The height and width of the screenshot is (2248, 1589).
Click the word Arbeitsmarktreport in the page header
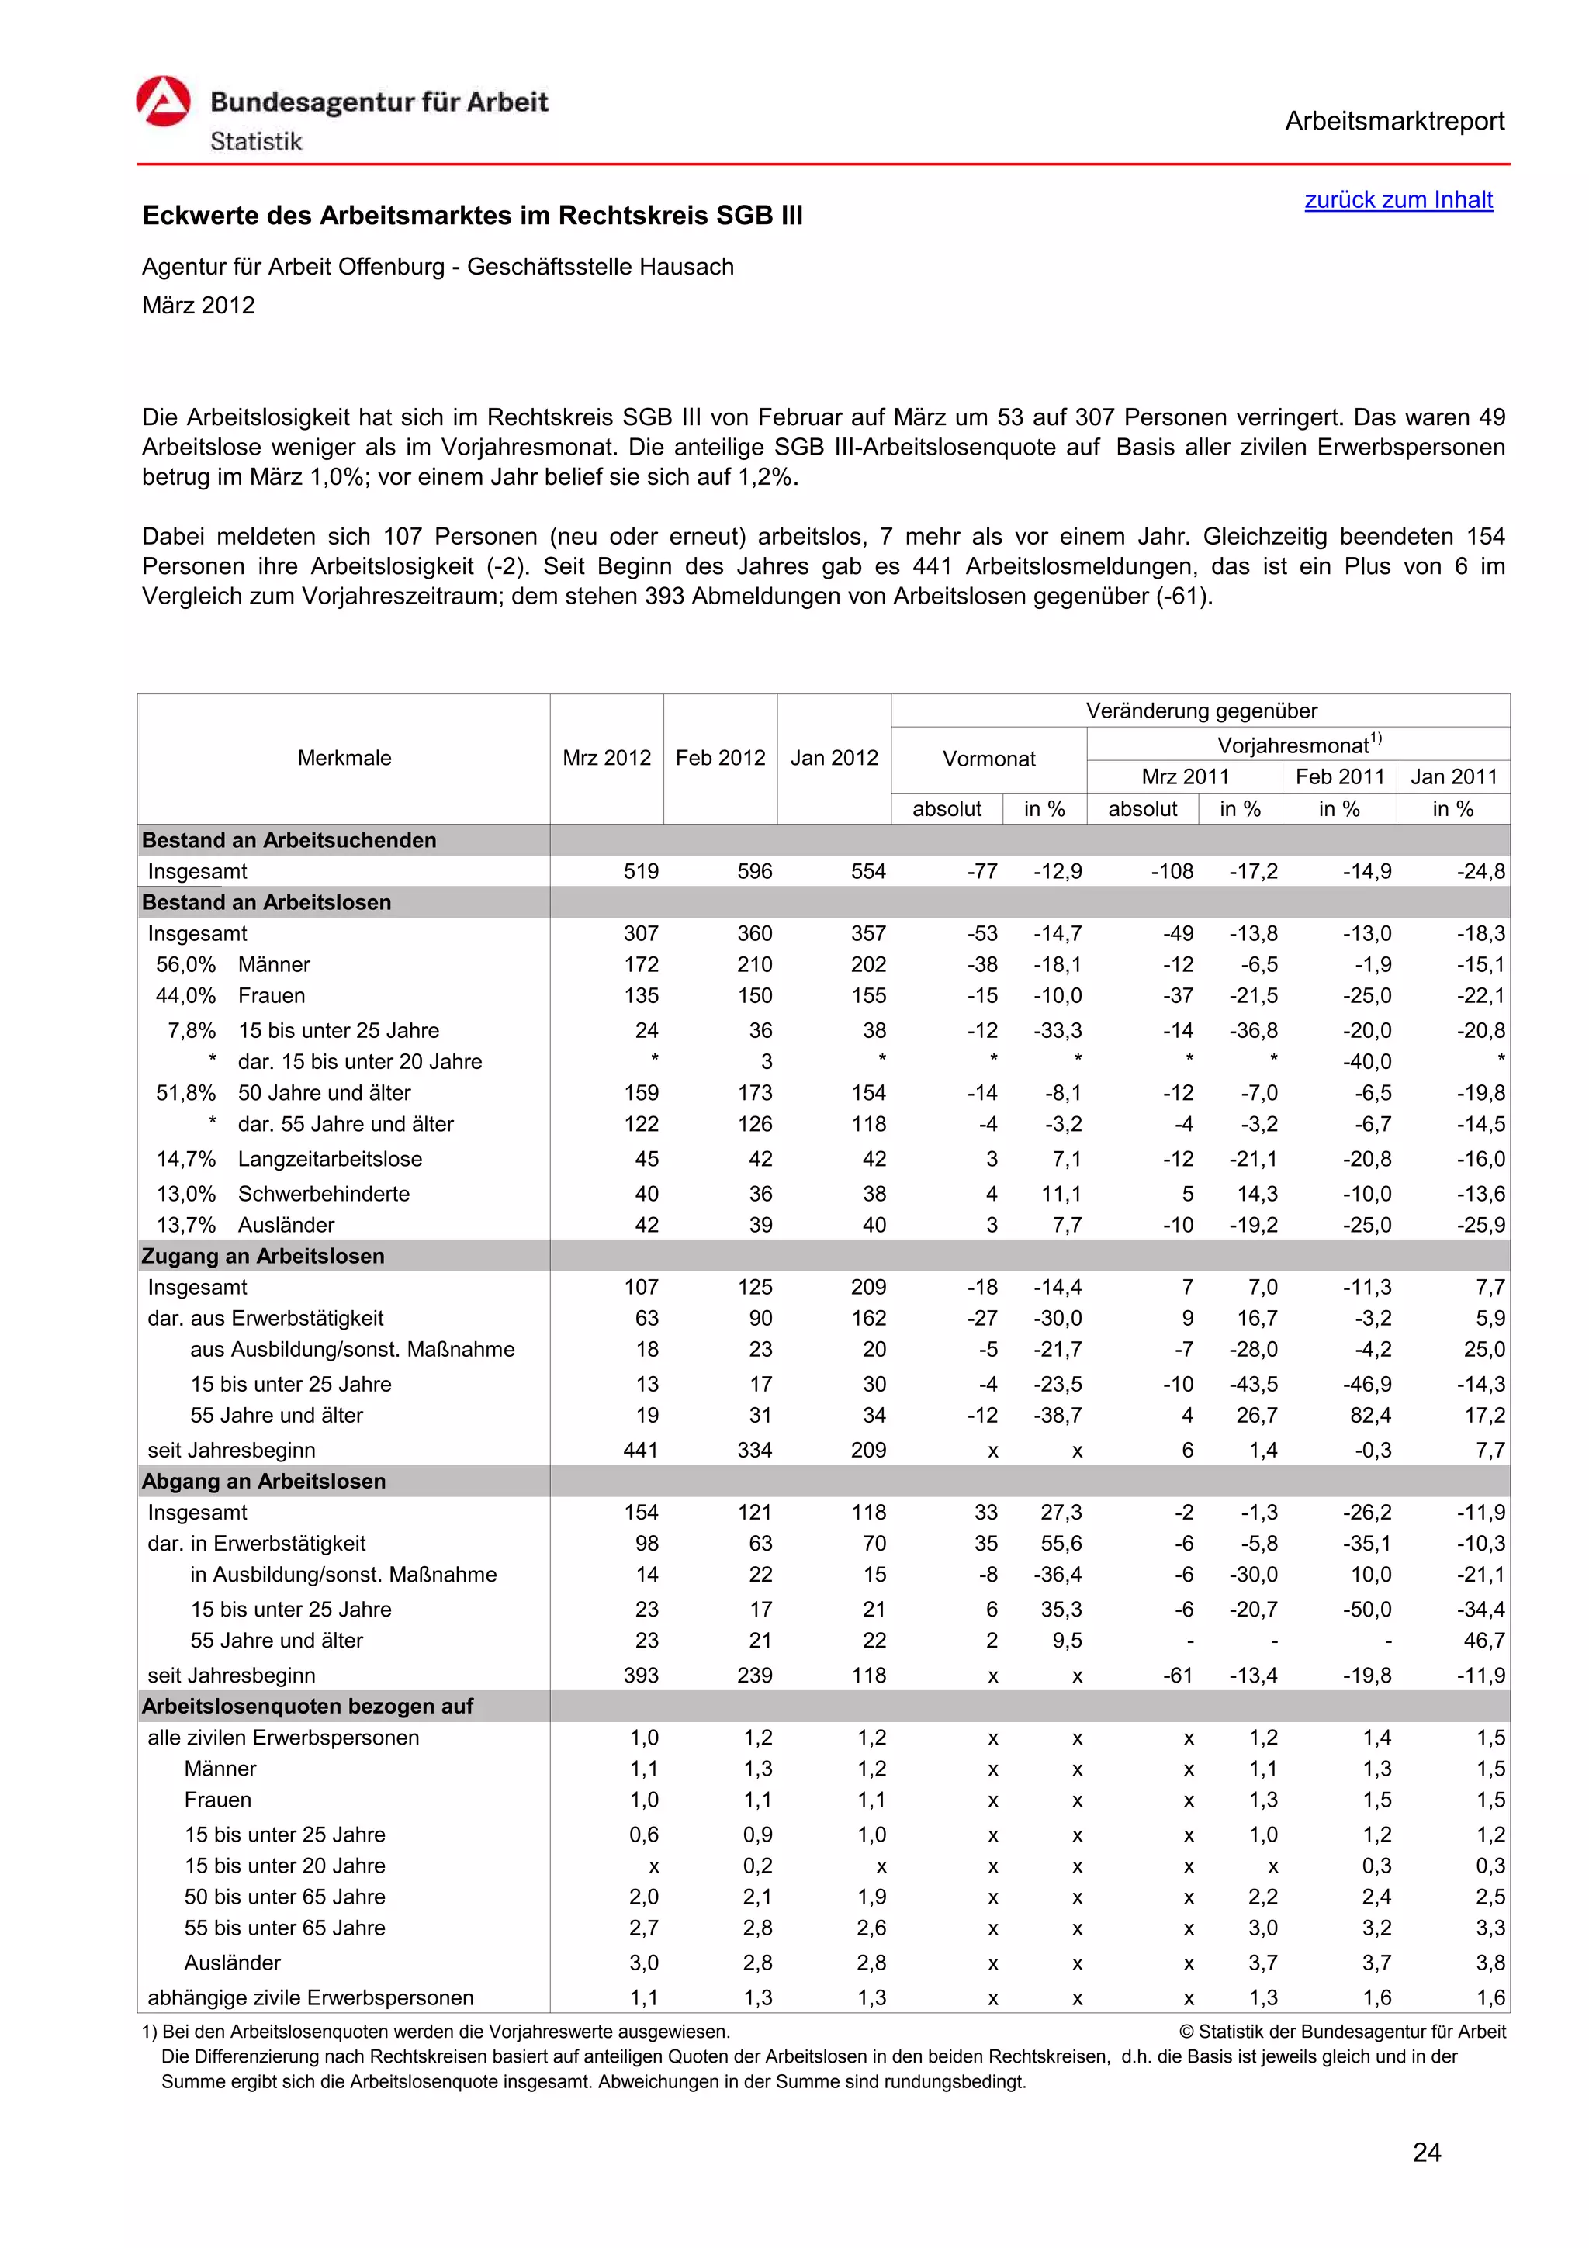[1393, 122]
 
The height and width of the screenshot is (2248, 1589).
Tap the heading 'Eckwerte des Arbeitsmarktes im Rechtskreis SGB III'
[472, 216]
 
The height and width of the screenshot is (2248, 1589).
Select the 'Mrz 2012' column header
[606, 758]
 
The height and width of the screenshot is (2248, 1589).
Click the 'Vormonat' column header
[988, 759]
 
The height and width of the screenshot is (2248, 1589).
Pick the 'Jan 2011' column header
[1453, 776]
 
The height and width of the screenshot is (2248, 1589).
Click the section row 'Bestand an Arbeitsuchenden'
[289, 840]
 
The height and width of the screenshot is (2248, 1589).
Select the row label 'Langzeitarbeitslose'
[330, 1159]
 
